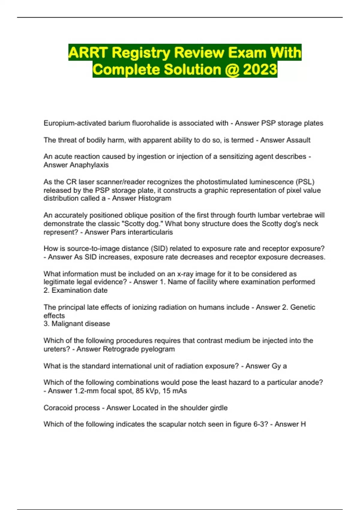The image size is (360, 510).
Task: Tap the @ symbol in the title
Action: point(232,70)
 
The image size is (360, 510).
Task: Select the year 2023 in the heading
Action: point(260,70)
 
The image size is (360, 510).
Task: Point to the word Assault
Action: point(297,140)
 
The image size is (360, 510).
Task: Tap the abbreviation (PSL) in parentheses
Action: point(305,182)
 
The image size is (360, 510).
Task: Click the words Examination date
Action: point(79,290)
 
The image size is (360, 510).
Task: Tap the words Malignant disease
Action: point(81,324)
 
